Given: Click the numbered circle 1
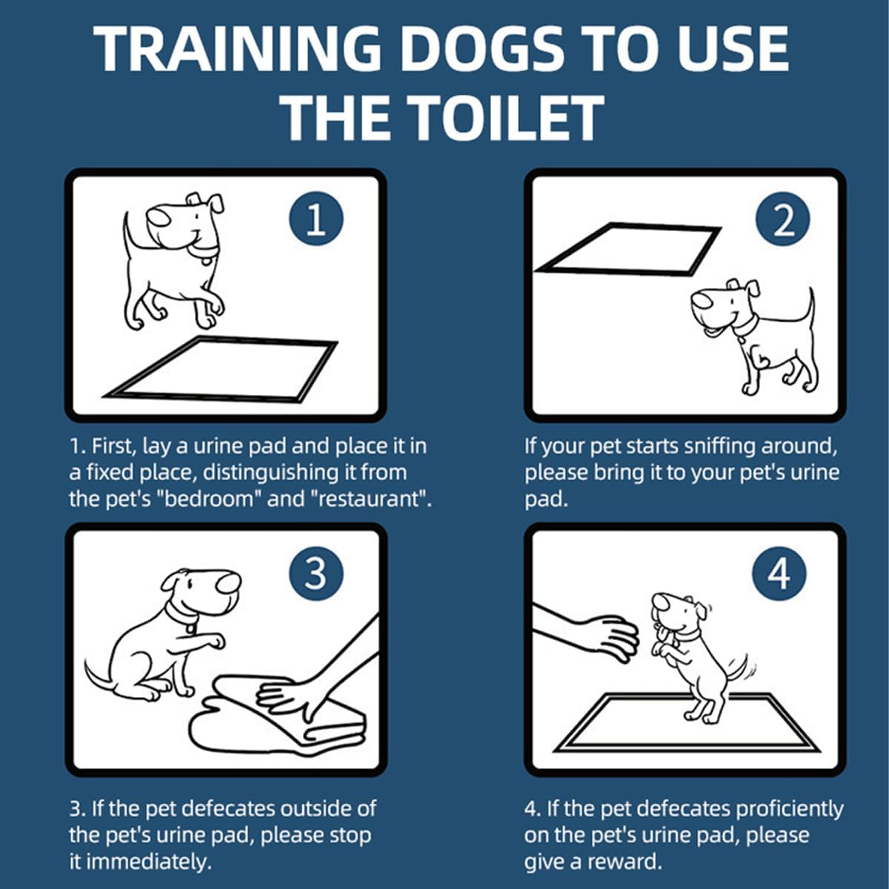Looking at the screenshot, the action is [x=316, y=219].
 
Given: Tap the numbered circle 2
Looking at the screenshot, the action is [x=783, y=219].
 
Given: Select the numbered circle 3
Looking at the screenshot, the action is [x=316, y=573].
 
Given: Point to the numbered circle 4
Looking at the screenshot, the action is [x=779, y=573].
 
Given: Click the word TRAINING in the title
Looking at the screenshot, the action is [x=237, y=50].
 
